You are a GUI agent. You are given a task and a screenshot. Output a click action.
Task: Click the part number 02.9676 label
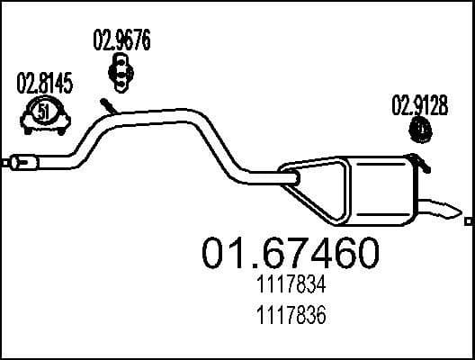(121, 40)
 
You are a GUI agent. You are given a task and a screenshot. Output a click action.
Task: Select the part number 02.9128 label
(417, 104)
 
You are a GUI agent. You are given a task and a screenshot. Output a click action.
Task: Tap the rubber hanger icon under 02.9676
(120, 68)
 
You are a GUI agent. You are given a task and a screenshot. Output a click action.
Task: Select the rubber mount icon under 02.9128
(418, 131)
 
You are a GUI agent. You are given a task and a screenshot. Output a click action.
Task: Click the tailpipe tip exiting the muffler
(443, 211)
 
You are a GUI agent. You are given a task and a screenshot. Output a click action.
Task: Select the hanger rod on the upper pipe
(107, 106)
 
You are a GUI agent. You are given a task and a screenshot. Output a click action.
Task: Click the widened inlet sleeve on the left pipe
(24, 163)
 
